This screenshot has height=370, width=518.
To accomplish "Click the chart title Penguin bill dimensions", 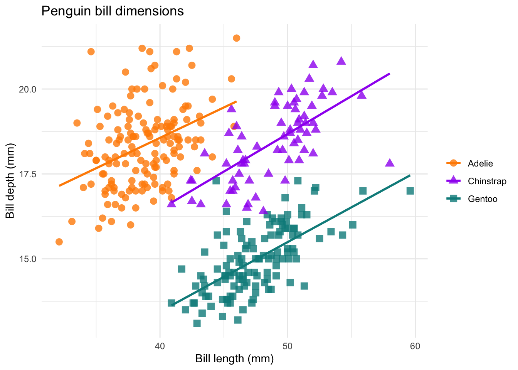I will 112,11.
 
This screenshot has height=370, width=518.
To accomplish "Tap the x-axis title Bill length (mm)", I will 234,359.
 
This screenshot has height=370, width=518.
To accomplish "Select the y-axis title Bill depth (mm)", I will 10,180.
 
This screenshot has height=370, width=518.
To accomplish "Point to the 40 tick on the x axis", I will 160,346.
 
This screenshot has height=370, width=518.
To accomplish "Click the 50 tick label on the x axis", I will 287,346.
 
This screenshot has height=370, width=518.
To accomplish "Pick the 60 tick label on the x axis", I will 415,346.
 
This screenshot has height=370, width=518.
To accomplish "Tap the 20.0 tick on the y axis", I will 28,89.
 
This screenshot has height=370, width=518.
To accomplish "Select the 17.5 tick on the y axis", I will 28,174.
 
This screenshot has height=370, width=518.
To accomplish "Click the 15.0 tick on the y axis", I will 28,259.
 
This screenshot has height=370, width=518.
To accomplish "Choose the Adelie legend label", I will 480,163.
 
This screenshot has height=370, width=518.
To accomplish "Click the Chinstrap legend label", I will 487,181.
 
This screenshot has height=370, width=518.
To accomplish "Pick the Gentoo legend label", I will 483,199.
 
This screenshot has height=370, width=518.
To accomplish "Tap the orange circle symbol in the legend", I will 454,163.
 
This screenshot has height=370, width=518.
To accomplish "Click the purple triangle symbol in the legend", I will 454,181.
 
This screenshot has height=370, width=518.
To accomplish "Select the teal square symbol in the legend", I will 454,199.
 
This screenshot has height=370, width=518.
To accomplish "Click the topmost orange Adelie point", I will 236,38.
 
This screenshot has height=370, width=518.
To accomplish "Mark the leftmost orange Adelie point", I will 59,242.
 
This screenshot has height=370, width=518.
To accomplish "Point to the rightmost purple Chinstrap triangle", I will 390,163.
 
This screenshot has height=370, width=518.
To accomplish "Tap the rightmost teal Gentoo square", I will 410,191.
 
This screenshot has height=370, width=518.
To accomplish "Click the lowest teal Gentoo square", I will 197,323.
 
